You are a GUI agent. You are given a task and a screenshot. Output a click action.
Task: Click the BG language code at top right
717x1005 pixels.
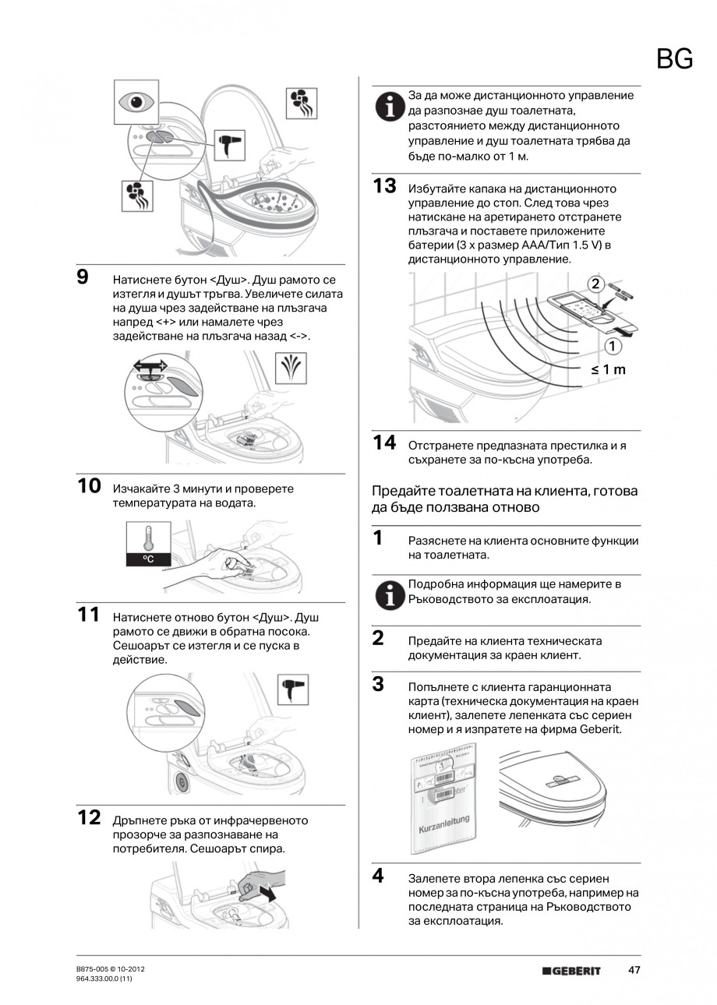[x=674, y=58]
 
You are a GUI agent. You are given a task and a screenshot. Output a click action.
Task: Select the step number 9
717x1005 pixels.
[x=83, y=277]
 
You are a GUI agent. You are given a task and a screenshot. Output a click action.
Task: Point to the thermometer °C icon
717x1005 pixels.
[x=147, y=543]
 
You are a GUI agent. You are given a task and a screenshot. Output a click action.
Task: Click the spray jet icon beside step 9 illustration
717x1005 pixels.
[x=291, y=367]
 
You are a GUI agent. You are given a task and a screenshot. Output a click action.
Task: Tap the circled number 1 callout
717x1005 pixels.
[x=613, y=346]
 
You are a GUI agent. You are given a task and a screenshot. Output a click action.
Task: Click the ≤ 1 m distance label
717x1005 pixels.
[x=609, y=369]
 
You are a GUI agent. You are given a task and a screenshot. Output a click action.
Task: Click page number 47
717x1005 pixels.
[x=634, y=970]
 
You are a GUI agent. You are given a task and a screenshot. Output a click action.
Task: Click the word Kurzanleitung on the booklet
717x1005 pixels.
[x=444, y=820]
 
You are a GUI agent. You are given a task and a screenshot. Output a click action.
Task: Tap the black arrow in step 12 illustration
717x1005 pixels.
[x=268, y=894]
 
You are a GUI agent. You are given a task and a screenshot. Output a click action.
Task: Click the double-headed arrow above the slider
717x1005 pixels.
[x=149, y=365]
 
